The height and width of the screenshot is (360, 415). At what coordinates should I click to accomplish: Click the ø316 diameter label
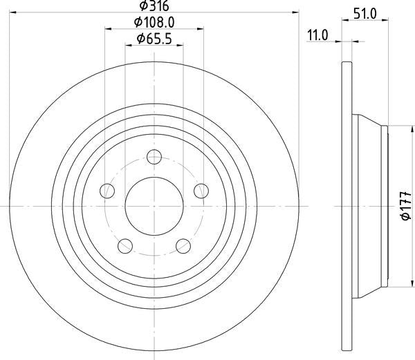(154, 6)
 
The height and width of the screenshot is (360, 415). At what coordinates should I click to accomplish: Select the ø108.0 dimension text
(154, 23)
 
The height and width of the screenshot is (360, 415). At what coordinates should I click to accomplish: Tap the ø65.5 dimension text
(154, 39)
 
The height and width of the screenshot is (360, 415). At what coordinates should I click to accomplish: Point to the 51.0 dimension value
(365, 14)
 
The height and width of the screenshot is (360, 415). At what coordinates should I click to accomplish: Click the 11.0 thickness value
(317, 35)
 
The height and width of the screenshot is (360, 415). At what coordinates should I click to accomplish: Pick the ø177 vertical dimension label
(405, 206)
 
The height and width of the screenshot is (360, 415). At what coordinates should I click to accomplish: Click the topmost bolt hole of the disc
(154, 157)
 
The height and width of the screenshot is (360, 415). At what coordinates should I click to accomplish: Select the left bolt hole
(107, 191)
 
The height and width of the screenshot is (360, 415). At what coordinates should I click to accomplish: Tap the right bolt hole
(201, 191)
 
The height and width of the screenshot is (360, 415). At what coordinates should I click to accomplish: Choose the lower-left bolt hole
(125, 246)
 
